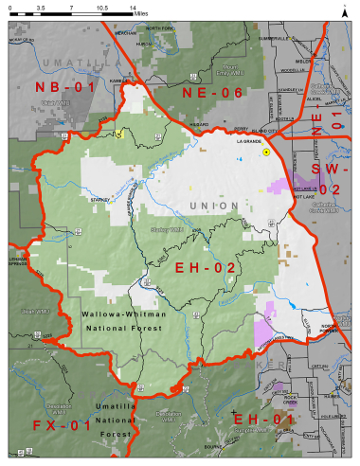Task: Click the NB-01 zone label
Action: pos(65,88)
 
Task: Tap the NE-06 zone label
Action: pos(214,92)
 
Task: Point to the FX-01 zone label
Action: pos(61,423)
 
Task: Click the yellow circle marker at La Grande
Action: pos(267,152)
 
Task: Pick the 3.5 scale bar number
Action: pos(40,6)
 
